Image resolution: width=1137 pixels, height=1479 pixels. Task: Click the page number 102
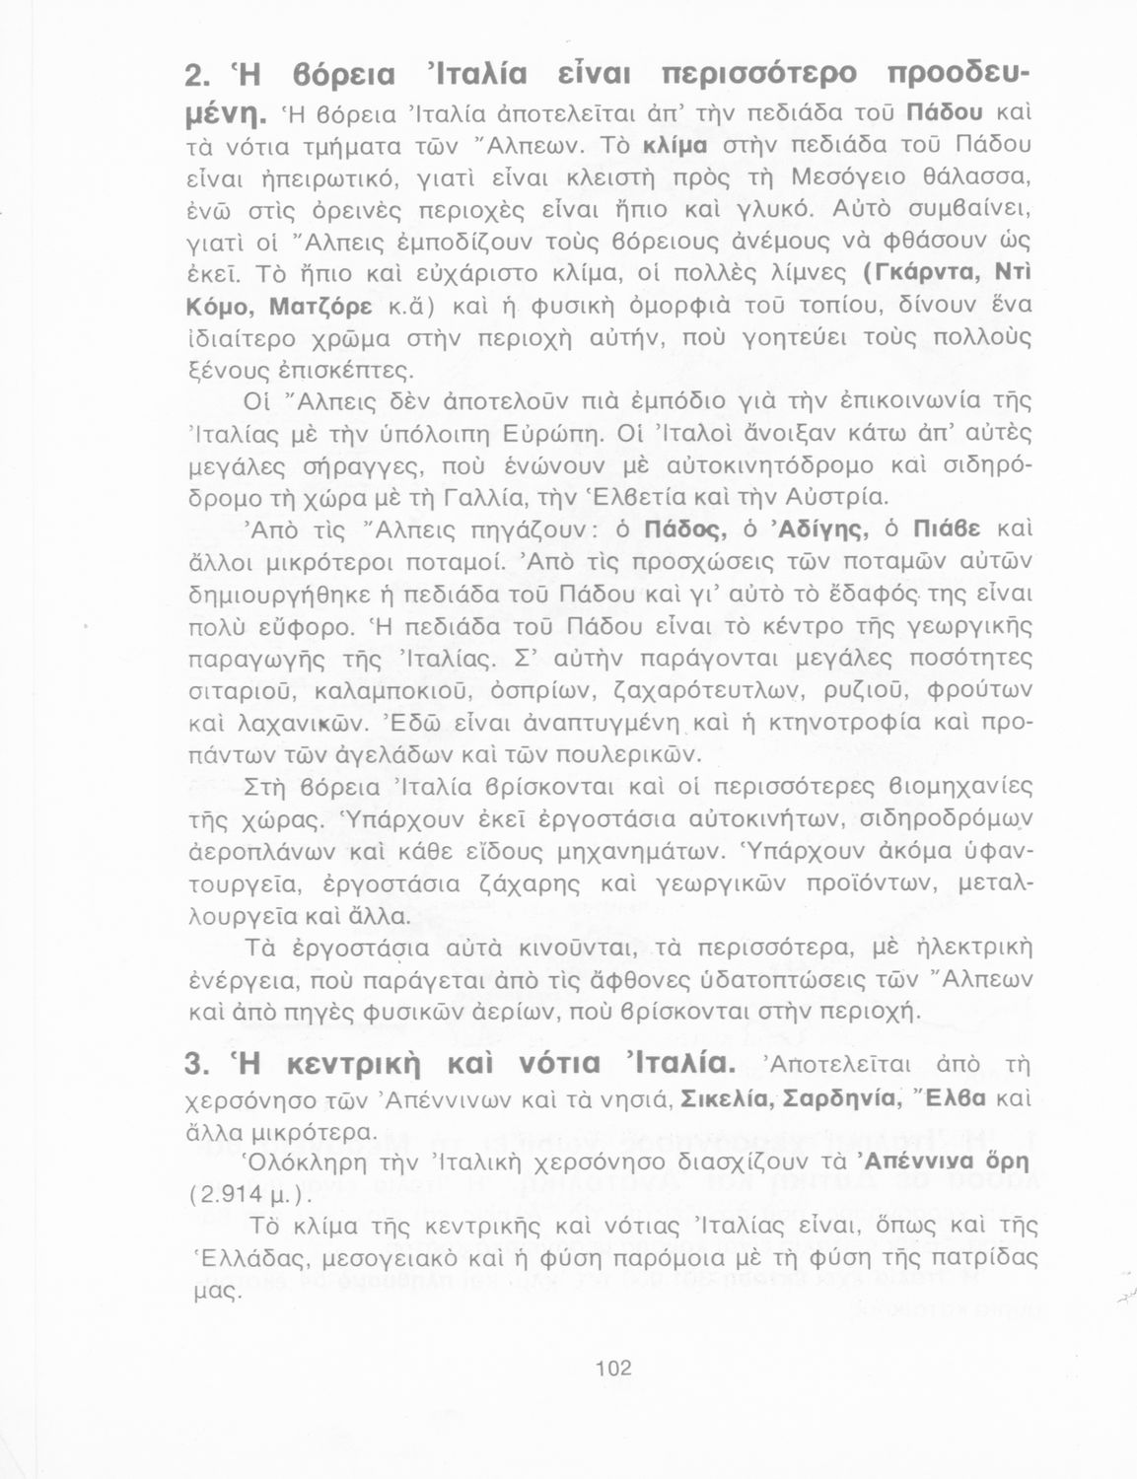tap(613, 1368)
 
